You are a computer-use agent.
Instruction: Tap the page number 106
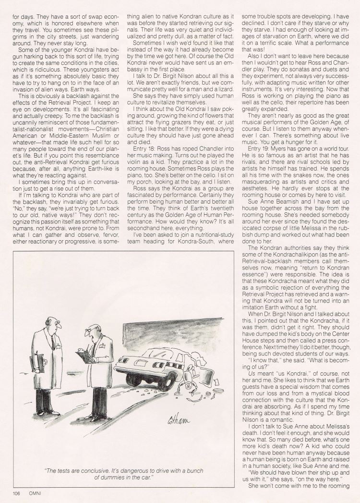tap(17, 491)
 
